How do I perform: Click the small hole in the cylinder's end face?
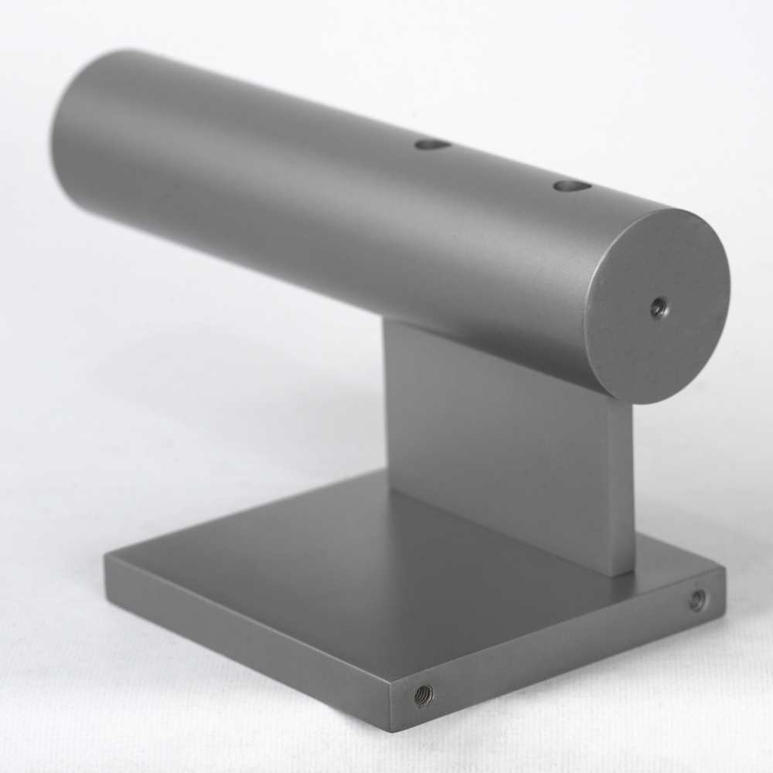(659, 308)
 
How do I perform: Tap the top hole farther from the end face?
(433, 144)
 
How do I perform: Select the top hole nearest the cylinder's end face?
(572, 186)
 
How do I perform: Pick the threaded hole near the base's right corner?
(697, 598)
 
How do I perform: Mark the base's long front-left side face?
(247, 618)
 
